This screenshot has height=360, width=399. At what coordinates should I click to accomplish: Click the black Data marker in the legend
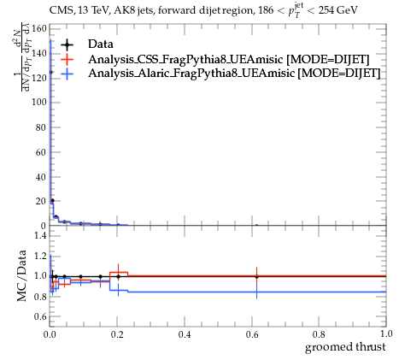tap(67, 44)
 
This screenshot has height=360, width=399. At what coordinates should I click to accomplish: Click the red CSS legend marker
tap(67, 59)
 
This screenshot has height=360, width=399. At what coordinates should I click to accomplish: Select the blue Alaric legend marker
tap(67, 74)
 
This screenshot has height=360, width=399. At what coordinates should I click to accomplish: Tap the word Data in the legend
tap(101, 44)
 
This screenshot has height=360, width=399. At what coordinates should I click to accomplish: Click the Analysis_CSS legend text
tap(228, 60)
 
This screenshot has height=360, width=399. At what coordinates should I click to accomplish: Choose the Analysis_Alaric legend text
tap(234, 74)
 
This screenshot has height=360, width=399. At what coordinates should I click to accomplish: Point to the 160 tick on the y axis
tap(39, 28)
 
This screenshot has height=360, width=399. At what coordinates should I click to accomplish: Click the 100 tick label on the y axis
tap(39, 102)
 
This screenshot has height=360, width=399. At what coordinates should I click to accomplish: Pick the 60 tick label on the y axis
tap(41, 152)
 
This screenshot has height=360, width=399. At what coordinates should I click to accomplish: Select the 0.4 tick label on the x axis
tap(185, 334)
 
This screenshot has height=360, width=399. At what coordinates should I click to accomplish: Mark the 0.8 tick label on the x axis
tap(319, 334)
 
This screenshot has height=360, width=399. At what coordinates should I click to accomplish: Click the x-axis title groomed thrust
tap(345, 347)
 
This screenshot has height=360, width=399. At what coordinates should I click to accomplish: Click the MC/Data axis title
tap(21, 275)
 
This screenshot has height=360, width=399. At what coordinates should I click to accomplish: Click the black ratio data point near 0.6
tap(257, 276)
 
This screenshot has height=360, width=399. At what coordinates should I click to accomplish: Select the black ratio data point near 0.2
tap(118, 276)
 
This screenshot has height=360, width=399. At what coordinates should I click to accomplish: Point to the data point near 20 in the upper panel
tap(52, 201)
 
